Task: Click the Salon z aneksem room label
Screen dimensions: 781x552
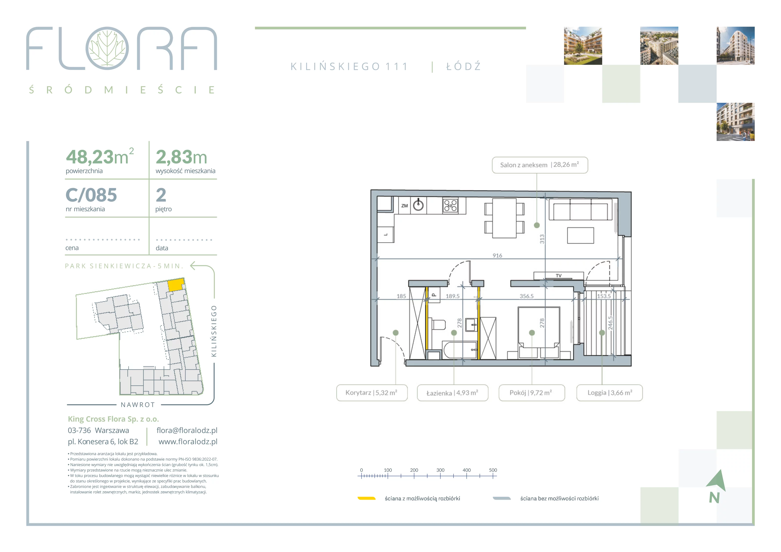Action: click(x=540, y=165)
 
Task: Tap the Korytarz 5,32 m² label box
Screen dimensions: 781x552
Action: click(x=372, y=393)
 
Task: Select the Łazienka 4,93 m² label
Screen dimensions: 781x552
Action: click(x=452, y=393)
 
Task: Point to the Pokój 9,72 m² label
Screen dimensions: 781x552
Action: click(x=532, y=393)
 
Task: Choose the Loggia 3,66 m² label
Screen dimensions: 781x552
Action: click(x=610, y=393)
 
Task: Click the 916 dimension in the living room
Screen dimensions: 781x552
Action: click(x=497, y=256)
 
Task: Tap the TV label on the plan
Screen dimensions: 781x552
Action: click(x=559, y=276)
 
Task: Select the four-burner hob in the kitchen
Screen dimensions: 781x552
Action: click(x=450, y=206)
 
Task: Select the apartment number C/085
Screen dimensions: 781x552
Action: click(x=91, y=195)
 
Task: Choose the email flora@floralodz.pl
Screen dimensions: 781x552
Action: click(x=187, y=430)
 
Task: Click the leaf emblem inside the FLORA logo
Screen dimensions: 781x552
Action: click(x=107, y=48)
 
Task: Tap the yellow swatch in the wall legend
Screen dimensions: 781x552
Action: click(x=366, y=498)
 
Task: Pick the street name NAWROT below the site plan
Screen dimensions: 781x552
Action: click(x=138, y=405)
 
